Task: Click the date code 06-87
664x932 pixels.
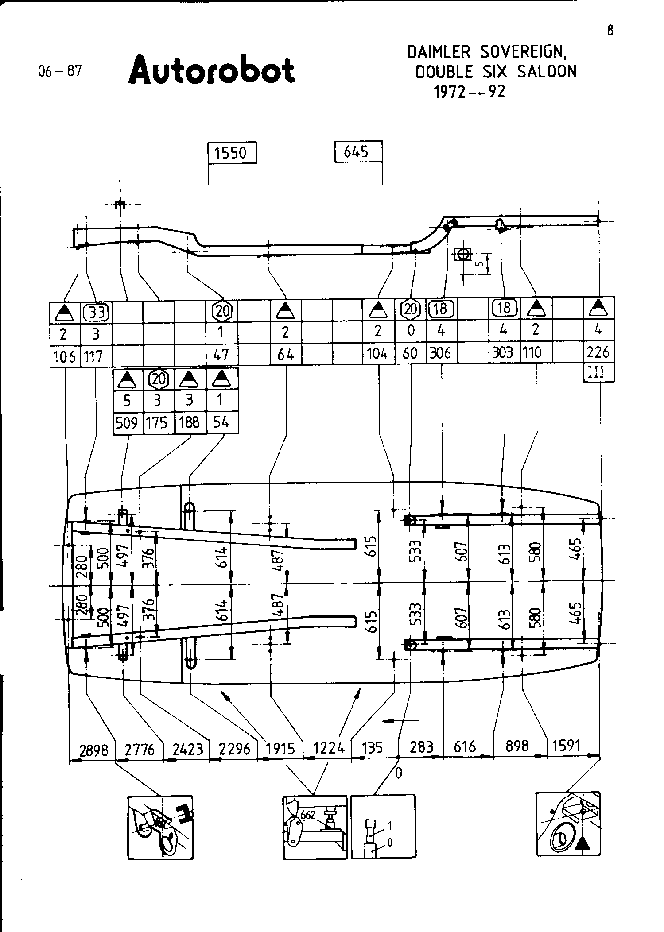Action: (60, 71)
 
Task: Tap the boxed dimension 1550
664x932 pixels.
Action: (233, 153)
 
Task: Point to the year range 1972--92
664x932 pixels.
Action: (470, 92)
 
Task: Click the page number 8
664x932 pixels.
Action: (610, 31)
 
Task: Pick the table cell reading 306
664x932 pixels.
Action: (441, 353)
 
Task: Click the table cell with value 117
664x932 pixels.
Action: (93, 355)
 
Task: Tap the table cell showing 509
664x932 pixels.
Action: (127, 423)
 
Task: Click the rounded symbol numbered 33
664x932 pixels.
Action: (96, 313)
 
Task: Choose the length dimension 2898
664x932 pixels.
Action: (93, 749)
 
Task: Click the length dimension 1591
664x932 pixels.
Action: (567, 746)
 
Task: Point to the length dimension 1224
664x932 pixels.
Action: (329, 748)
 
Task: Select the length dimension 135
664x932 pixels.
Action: (372, 747)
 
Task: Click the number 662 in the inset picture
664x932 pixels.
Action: (307, 815)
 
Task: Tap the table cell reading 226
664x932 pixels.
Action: (598, 353)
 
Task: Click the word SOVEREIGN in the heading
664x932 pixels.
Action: (523, 53)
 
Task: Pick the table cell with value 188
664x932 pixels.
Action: (189, 423)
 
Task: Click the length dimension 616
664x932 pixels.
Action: (465, 747)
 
